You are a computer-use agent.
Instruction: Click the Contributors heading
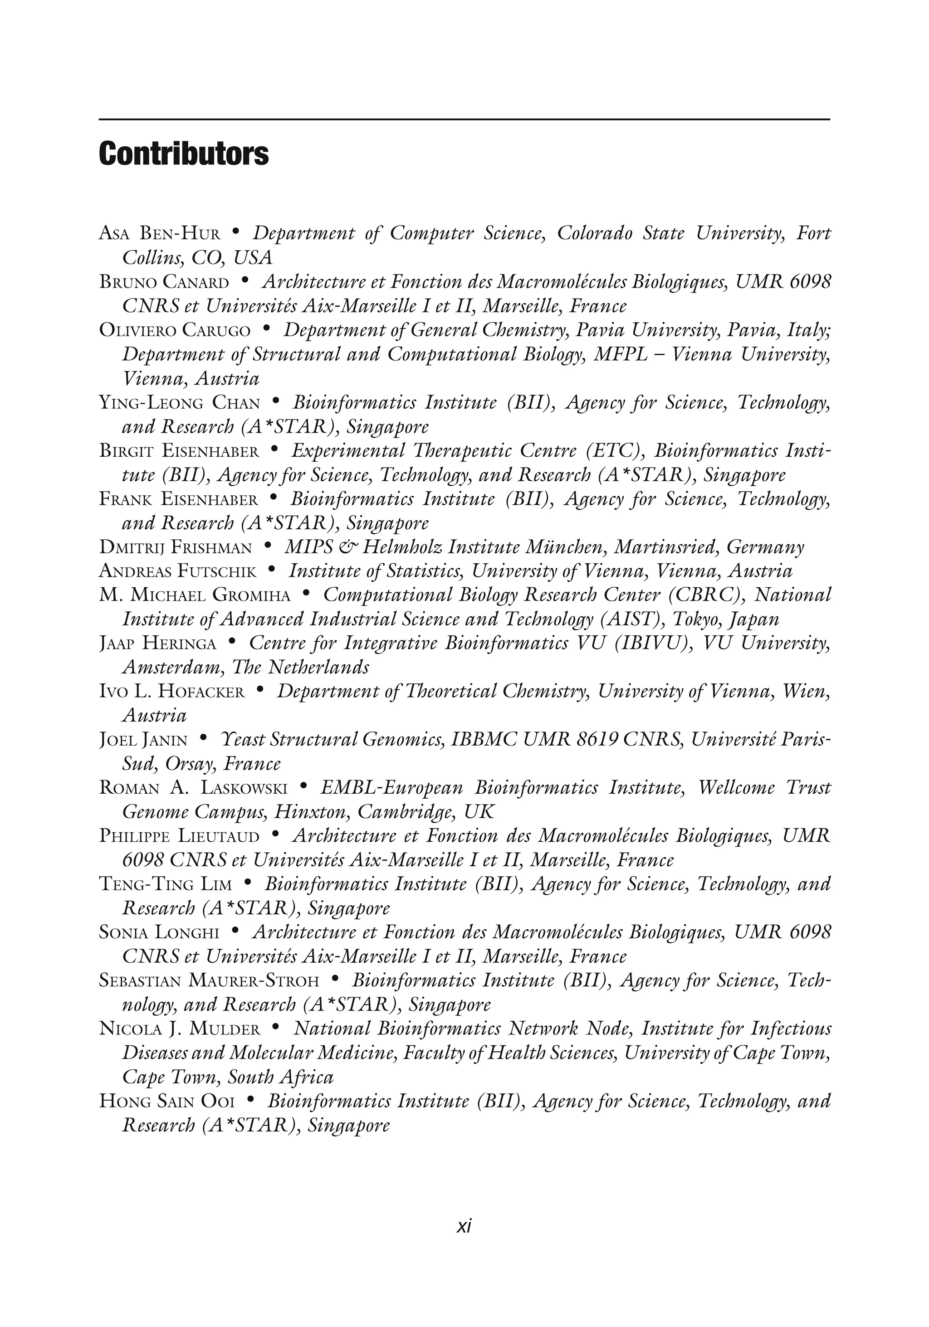click(184, 154)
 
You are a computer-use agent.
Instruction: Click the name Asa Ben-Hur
click(160, 234)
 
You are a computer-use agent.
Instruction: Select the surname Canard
click(196, 282)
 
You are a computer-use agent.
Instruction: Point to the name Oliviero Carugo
click(175, 330)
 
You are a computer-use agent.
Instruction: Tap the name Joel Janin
click(143, 740)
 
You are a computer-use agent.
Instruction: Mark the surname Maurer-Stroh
click(257, 981)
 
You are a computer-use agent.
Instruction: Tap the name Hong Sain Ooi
click(167, 1101)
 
